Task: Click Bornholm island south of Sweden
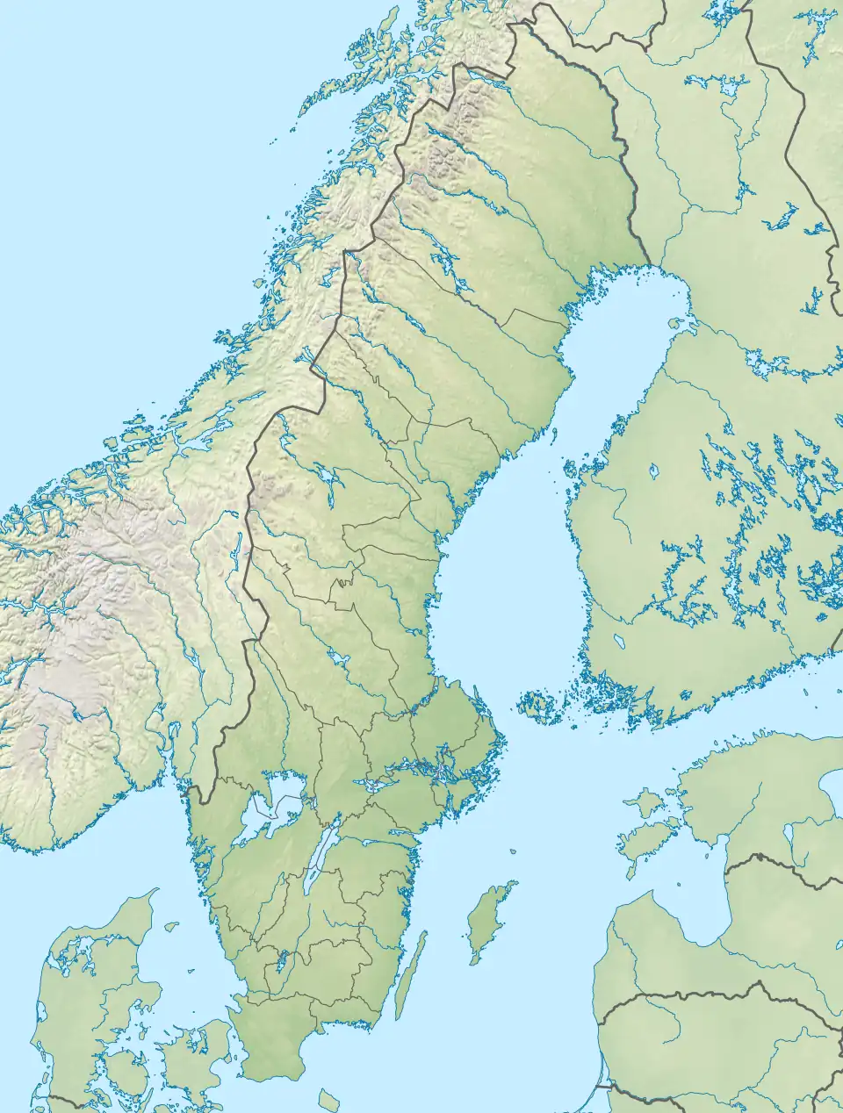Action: tap(328, 1098)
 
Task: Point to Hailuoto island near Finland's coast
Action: tap(676, 323)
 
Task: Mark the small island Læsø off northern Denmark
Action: tap(171, 925)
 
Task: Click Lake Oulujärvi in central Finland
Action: tap(782, 216)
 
